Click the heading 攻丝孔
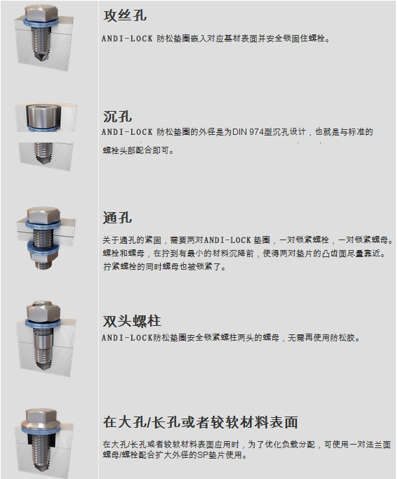(x=125, y=15)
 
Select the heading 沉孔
(x=117, y=117)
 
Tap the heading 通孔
(x=117, y=218)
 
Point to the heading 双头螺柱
(x=132, y=321)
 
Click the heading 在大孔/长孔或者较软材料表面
(x=200, y=423)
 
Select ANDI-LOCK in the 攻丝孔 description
(x=127, y=39)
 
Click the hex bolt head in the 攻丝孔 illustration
(x=41, y=13)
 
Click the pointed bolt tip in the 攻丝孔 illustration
(x=41, y=56)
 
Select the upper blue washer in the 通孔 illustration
(x=43, y=225)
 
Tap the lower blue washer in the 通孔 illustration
(x=43, y=247)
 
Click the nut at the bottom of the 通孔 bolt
(x=43, y=261)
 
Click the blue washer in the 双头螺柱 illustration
(x=43, y=322)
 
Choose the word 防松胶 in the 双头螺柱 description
(x=346, y=338)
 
